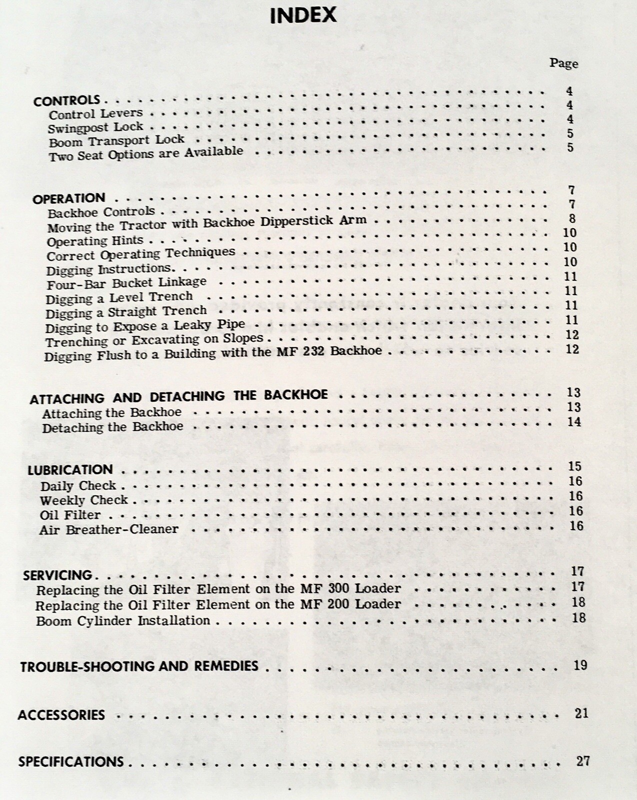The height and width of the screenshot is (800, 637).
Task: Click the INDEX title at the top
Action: [x=303, y=16]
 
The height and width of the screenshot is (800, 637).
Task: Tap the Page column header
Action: [x=563, y=63]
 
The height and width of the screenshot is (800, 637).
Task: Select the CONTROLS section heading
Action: [x=66, y=100]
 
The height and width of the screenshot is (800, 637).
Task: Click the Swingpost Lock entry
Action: [x=95, y=127]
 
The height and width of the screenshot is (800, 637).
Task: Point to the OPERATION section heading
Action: [x=69, y=198]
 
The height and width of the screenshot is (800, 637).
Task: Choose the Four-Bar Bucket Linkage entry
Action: [x=126, y=283]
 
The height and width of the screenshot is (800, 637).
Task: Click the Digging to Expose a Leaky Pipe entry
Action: [x=145, y=326]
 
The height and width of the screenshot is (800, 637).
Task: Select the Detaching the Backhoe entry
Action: [x=112, y=427]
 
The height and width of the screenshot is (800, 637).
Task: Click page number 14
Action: [x=574, y=421]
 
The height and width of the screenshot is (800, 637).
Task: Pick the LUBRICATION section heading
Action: [x=70, y=470]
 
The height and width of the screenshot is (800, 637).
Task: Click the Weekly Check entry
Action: [x=84, y=500]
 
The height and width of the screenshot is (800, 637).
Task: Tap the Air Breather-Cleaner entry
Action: [x=108, y=529]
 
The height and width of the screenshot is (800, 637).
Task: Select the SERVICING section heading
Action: [x=57, y=575]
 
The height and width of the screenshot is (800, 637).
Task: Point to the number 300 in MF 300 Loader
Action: [x=338, y=588]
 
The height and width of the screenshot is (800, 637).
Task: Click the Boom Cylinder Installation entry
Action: [x=123, y=621]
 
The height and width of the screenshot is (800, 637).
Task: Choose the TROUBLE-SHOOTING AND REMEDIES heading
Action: [x=139, y=666]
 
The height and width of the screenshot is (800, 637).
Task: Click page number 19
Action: [x=580, y=665]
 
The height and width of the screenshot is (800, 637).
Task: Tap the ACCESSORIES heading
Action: [x=61, y=715]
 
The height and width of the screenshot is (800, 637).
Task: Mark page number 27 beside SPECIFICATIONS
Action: [x=583, y=761]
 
